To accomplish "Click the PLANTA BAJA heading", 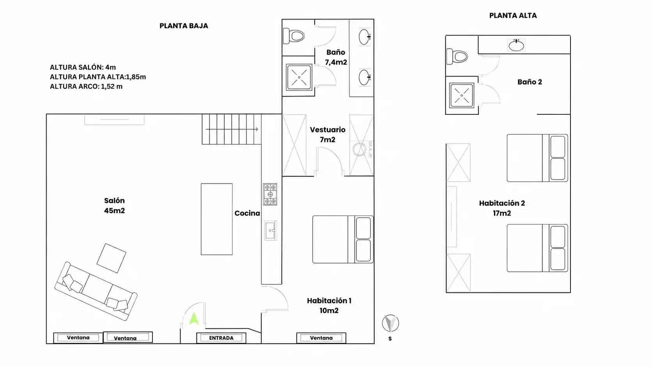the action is [x=184, y=26].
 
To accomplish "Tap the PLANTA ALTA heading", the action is [x=513, y=16].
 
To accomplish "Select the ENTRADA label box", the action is [x=221, y=338].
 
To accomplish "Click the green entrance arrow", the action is [x=194, y=319].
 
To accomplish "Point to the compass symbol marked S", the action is [x=390, y=323].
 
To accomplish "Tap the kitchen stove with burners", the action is [x=270, y=194].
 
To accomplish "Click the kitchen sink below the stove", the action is [x=270, y=230].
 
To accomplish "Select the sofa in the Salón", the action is [x=96, y=291].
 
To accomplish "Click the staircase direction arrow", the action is [x=232, y=129].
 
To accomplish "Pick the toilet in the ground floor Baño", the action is [x=294, y=36].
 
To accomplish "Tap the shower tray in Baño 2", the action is [x=462, y=96].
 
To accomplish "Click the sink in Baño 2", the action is [x=516, y=45].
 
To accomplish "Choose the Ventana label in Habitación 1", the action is [x=321, y=338].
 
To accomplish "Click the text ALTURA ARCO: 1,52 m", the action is [x=86, y=87].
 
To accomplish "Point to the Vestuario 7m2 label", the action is [x=328, y=135].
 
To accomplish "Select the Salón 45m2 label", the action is [x=114, y=206].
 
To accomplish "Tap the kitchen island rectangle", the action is [x=216, y=219].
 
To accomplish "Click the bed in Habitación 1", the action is [x=343, y=239].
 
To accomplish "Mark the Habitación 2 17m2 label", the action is [x=502, y=208].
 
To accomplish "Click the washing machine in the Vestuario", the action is [x=360, y=149].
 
